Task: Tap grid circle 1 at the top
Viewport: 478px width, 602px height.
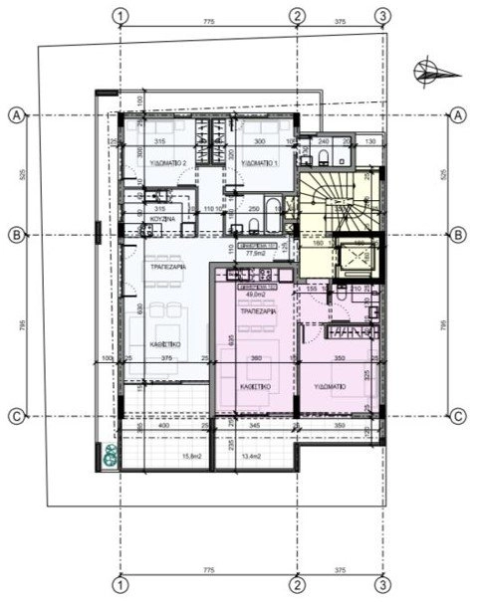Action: click(x=119, y=16)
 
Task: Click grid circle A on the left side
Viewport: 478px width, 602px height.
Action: click(x=16, y=115)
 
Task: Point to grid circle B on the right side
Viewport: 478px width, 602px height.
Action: click(x=458, y=236)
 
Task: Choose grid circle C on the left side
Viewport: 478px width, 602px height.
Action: click(x=16, y=416)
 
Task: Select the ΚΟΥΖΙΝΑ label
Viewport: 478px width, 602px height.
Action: click(x=163, y=217)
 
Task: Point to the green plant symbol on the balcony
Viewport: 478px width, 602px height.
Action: click(x=107, y=457)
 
